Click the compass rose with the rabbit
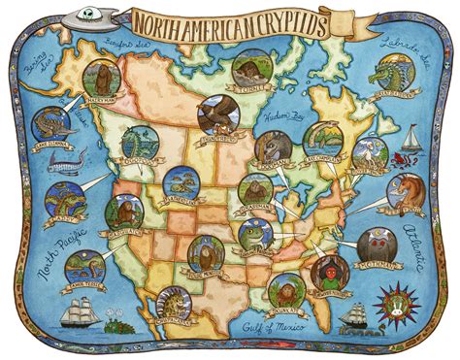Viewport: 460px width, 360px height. [398, 301]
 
